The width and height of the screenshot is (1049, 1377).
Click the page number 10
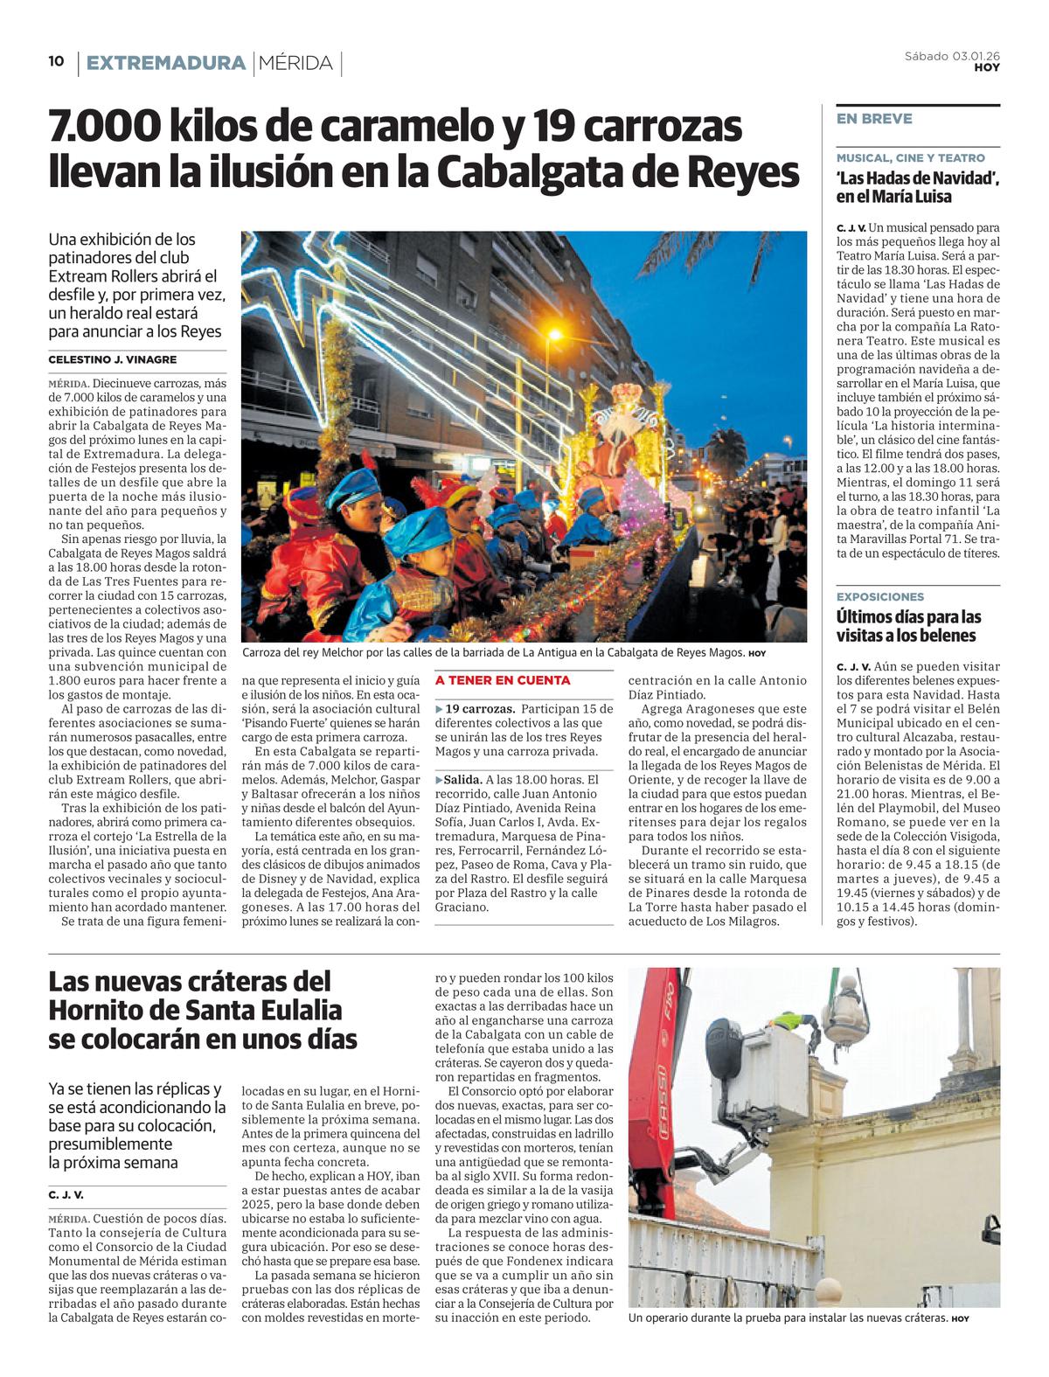coord(56,61)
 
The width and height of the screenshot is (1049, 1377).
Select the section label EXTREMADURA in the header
coord(165,63)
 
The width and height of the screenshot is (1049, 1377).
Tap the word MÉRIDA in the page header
coord(296,63)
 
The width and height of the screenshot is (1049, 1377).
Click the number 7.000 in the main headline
coord(104,129)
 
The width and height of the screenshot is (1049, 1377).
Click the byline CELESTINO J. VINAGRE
coord(113,359)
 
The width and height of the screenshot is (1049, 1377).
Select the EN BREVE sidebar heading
coord(874,119)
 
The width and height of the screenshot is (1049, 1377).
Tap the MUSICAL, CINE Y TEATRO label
coord(910,158)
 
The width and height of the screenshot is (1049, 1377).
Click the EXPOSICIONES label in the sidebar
coord(880,596)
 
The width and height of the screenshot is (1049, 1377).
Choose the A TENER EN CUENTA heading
coord(503,680)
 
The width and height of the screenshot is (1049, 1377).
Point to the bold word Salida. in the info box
coord(463,779)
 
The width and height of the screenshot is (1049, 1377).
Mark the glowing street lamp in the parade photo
coord(554,334)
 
